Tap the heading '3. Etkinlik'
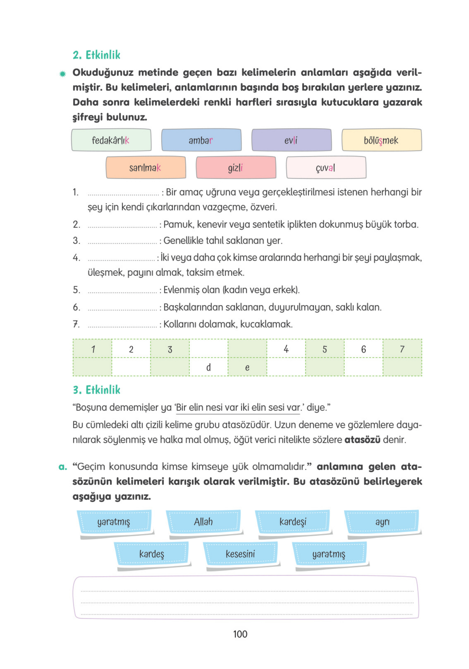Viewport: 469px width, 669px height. [96, 390]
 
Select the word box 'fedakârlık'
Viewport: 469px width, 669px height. [111, 140]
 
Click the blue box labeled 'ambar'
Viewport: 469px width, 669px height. [201, 140]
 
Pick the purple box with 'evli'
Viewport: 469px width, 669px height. [291, 140]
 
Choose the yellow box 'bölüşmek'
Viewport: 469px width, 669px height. [381, 140]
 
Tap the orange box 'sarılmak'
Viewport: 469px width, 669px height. [146, 168]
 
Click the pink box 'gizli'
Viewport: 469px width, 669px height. [236, 168]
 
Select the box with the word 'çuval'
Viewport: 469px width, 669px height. [326, 168]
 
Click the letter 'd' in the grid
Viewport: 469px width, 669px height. [208, 367]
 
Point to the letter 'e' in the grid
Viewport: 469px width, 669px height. [247, 367]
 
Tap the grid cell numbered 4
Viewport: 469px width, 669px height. [286, 349]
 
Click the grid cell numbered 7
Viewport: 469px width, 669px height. [402, 349]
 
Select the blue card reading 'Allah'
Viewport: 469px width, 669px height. [203, 522]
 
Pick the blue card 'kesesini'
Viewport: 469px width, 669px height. [240, 554]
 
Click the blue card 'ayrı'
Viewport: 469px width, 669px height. [382, 522]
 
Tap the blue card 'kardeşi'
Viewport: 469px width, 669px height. [293, 522]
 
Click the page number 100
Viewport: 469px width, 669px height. [240, 634]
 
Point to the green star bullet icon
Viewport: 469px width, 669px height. [63, 74]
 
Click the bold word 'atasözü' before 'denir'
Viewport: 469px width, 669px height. [362, 439]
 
